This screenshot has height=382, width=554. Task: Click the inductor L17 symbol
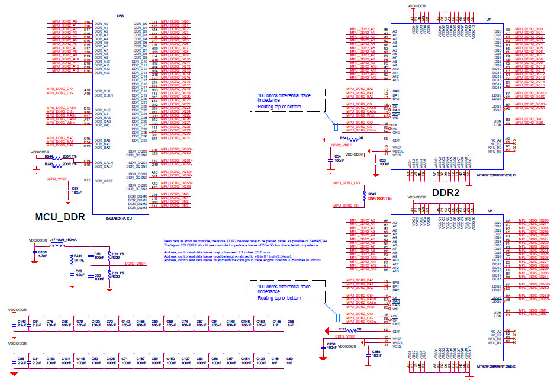point(59,246)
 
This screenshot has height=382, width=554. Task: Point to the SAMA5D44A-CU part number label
point(118,218)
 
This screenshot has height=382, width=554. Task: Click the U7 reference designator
point(488,20)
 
